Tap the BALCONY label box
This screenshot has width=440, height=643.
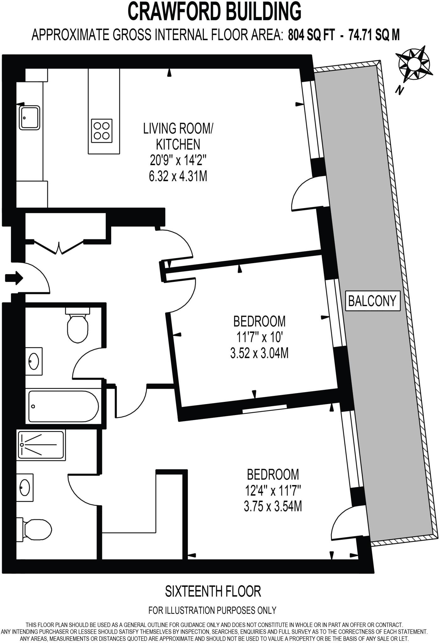372,301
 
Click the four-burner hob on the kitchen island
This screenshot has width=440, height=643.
102,130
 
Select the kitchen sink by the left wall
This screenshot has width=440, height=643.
30,117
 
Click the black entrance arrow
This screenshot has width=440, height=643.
14,278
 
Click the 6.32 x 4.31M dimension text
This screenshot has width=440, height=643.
178,177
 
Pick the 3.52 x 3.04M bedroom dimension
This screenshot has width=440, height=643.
259,354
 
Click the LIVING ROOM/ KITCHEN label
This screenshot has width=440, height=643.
178,136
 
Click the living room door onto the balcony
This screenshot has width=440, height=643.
306,195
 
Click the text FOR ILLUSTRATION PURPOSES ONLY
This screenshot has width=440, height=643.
212,610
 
